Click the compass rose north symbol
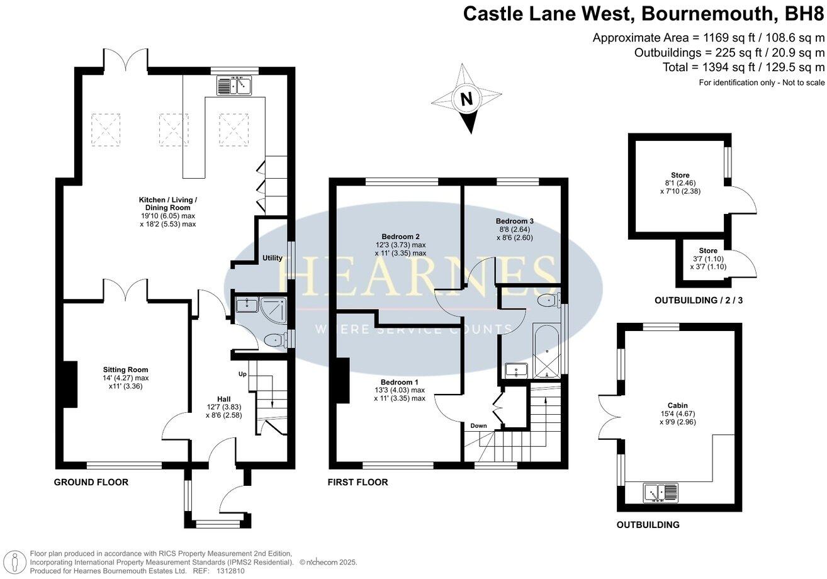point(466,99)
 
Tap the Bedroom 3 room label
point(514,221)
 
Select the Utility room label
point(272,258)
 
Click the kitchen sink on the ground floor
point(234,85)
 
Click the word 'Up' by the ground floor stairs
point(242,374)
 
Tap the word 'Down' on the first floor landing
point(478,426)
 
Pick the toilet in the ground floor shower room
point(275,340)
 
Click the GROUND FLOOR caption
point(91,483)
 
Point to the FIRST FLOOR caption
point(357,483)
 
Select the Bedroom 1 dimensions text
point(400,394)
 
